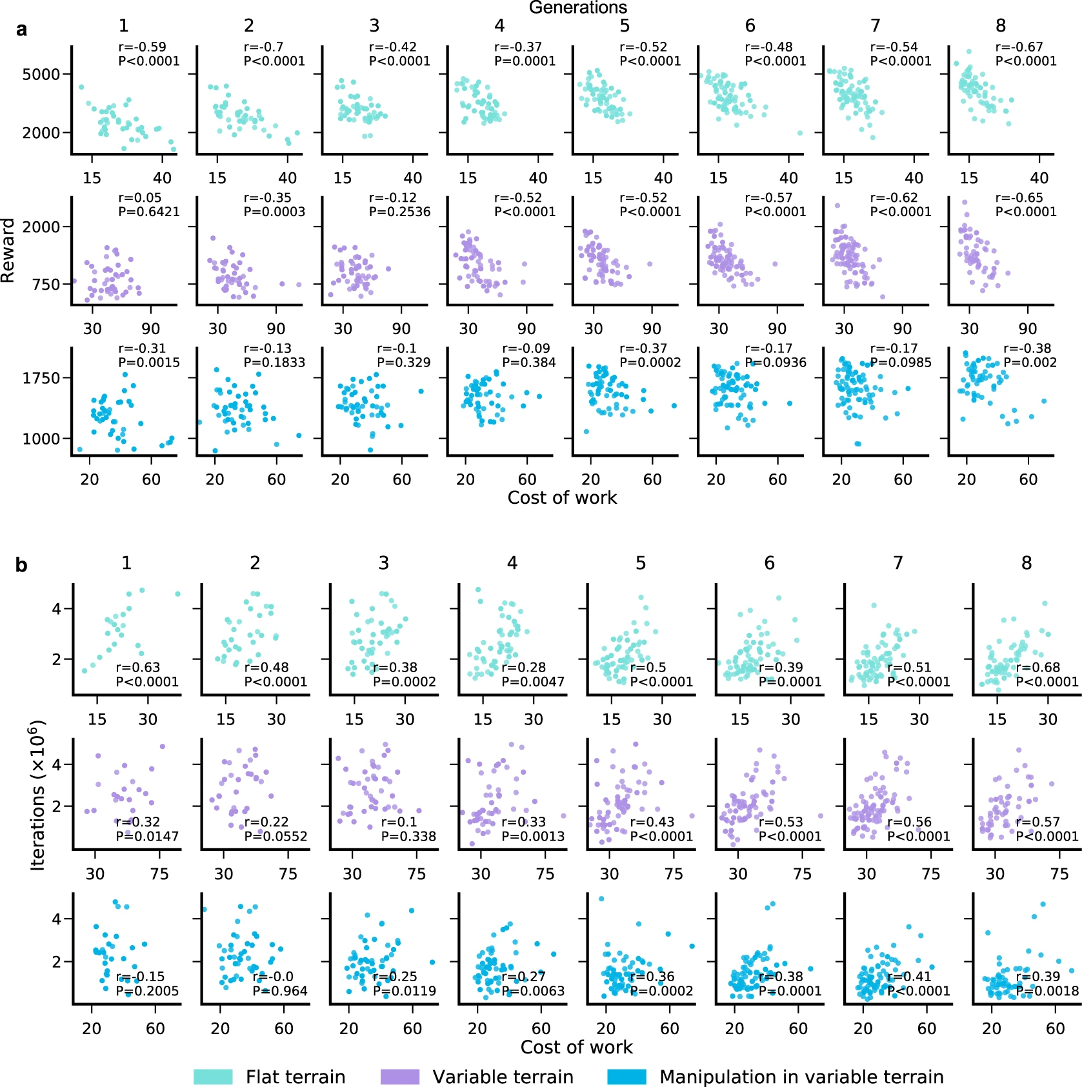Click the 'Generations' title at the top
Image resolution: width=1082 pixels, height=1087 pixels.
pyautogui.click(x=577, y=8)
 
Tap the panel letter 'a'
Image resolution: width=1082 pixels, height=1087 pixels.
pyautogui.click(x=22, y=30)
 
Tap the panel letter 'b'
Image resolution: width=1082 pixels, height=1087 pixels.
pyautogui.click(x=21, y=565)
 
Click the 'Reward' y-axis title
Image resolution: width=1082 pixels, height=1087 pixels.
pyautogui.click(x=8, y=250)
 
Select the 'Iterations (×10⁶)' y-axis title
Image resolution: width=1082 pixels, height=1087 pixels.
pyautogui.click(x=37, y=795)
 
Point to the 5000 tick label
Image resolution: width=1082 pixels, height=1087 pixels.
pyautogui.click(x=41, y=74)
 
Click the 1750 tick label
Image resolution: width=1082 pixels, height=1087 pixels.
pyautogui.click(x=41, y=378)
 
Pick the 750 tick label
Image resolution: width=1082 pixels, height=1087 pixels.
pyautogui.click(x=46, y=284)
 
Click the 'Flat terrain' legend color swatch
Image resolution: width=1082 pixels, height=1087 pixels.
pyautogui.click(x=213, y=1077)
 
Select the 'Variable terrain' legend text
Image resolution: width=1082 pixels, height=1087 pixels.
pyautogui.click(x=503, y=1077)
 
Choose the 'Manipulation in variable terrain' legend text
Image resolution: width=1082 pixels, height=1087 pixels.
pyautogui.click(x=801, y=1077)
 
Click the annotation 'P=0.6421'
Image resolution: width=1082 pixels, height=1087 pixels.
pyautogui.click(x=149, y=212)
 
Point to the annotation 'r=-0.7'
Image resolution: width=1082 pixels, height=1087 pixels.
pyautogui.click(x=263, y=47)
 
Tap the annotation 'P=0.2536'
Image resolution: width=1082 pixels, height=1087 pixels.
pyautogui.click(x=399, y=212)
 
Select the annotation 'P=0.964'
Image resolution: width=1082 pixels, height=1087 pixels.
pyautogui.click(x=280, y=991)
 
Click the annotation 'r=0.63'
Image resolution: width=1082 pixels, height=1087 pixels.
pyautogui.click(x=138, y=667)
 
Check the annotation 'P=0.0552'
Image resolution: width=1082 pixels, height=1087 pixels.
pyautogui.click(x=276, y=836)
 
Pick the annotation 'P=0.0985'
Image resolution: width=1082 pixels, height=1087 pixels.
pyautogui.click(x=901, y=363)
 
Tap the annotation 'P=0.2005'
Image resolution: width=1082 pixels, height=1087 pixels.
pyautogui.click(x=147, y=991)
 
